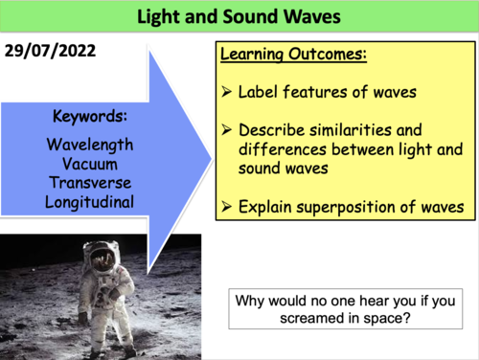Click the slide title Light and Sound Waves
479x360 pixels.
(239, 17)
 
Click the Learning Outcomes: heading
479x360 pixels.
(293, 56)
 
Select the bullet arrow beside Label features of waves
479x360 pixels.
(229, 93)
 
